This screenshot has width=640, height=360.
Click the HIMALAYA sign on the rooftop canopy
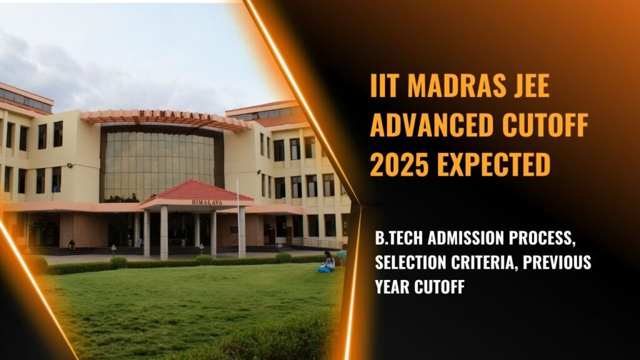pyautogui.click(x=164, y=114)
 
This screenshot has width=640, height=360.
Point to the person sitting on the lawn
pyautogui.click(x=326, y=262)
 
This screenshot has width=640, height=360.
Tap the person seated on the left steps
pyautogui.click(x=72, y=244)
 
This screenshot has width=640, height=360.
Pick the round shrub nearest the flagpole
pyautogui.click(x=204, y=259)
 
